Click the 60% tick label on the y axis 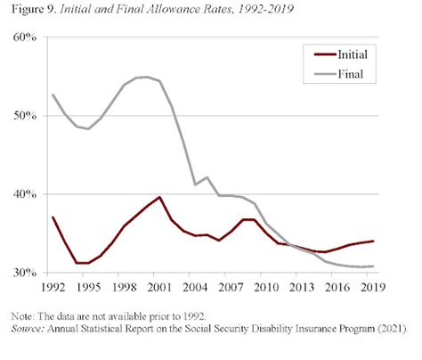click(x=23, y=37)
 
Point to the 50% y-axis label click(x=23, y=116)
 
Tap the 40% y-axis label click(x=23, y=194)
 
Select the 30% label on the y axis click(x=23, y=273)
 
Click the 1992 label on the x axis click(x=53, y=289)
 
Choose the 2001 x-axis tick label click(x=160, y=289)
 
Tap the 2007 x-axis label click(x=231, y=289)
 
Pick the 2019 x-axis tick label click(x=372, y=289)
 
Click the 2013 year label click(x=302, y=289)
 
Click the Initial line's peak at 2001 click(x=159, y=197)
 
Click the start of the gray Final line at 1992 click(x=53, y=94)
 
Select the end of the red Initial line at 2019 click(x=373, y=241)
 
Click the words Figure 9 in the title click(x=30, y=11)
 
